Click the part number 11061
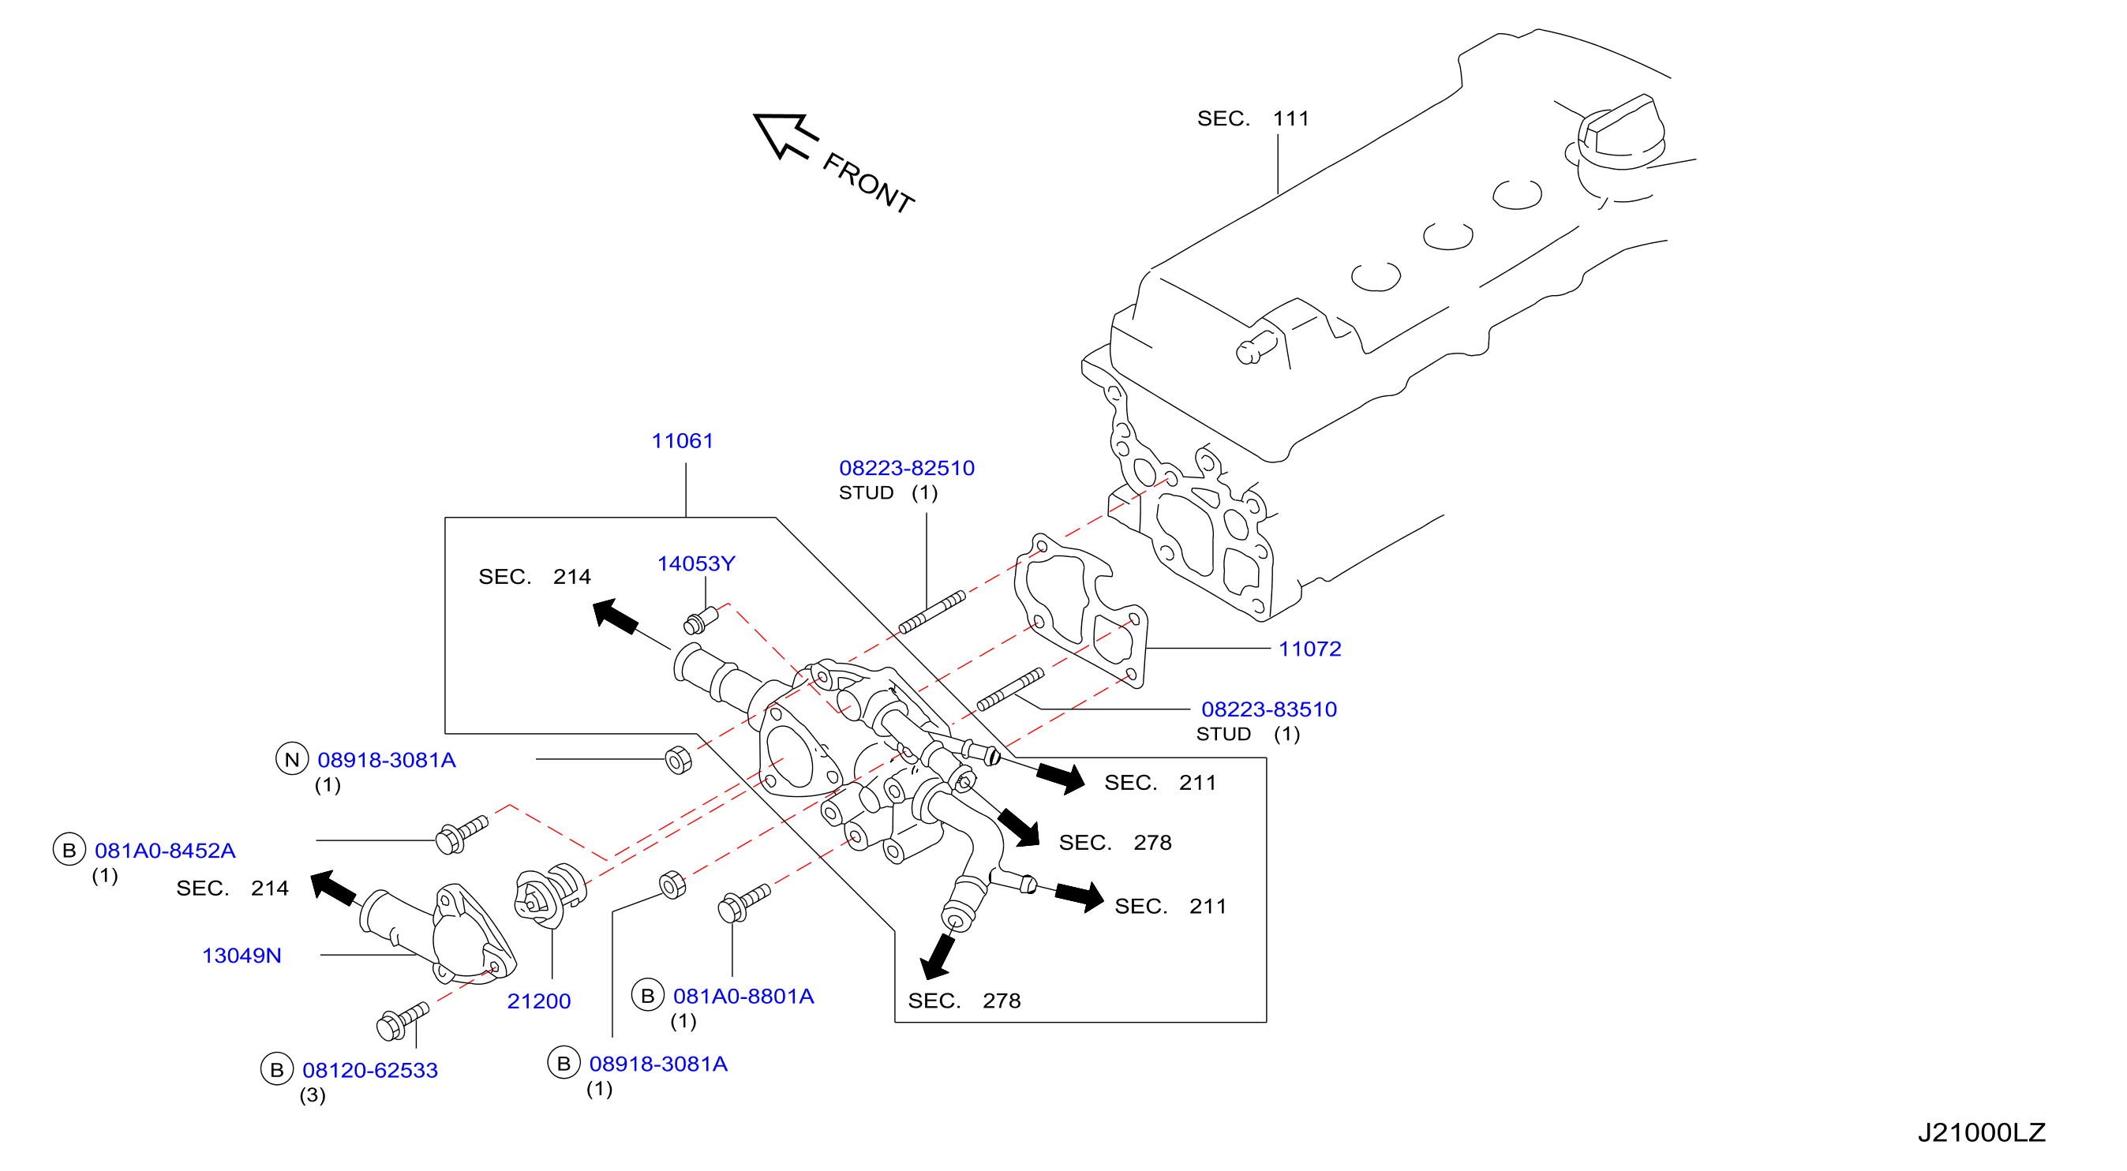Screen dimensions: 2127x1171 click(682, 441)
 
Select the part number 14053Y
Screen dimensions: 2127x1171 click(695, 563)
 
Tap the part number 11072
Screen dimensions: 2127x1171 click(1309, 649)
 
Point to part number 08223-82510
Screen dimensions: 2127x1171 click(907, 468)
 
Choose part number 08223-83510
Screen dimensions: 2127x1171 click(1269, 709)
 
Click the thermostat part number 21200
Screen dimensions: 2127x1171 click(538, 1001)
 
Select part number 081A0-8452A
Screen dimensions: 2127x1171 click(165, 851)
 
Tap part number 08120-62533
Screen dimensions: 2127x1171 click(370, 1070)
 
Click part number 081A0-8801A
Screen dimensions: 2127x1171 click(743, 996)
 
